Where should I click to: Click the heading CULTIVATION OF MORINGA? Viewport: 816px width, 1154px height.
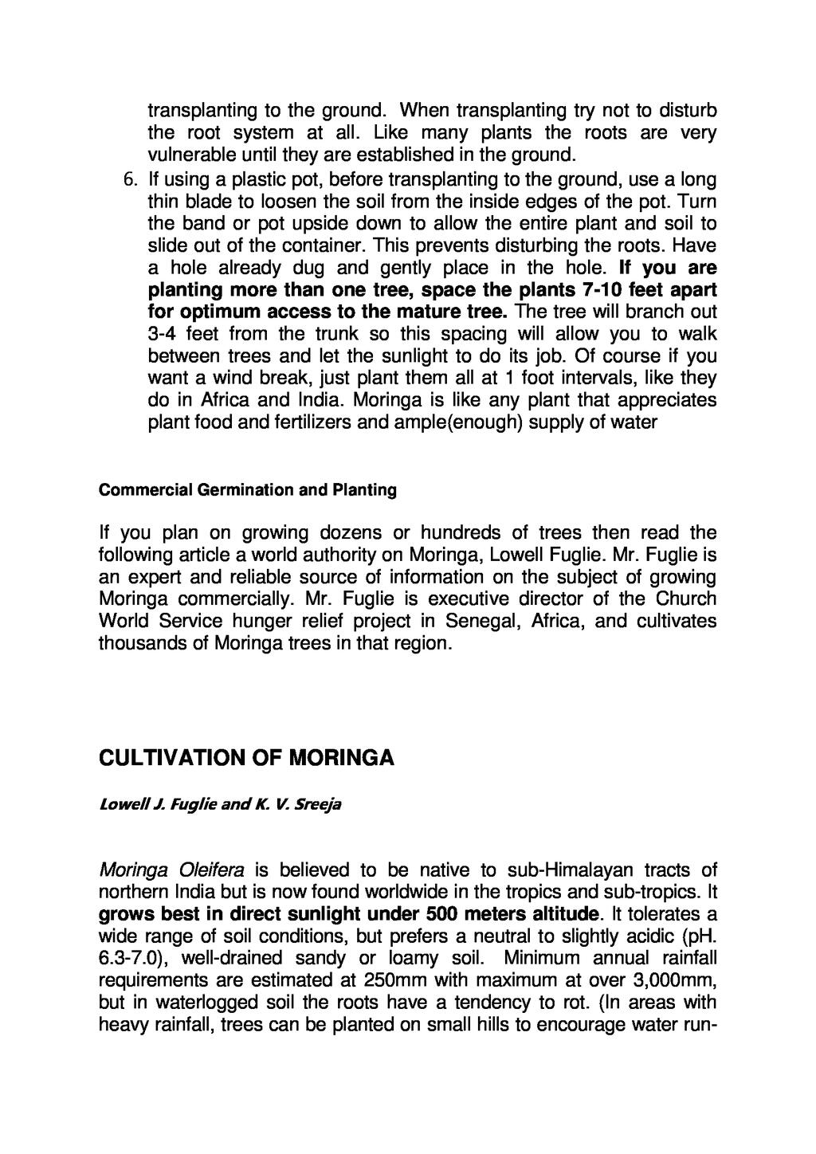click(x=246, y=756)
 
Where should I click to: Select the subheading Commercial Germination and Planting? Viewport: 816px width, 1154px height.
click(x=247, y=490)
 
